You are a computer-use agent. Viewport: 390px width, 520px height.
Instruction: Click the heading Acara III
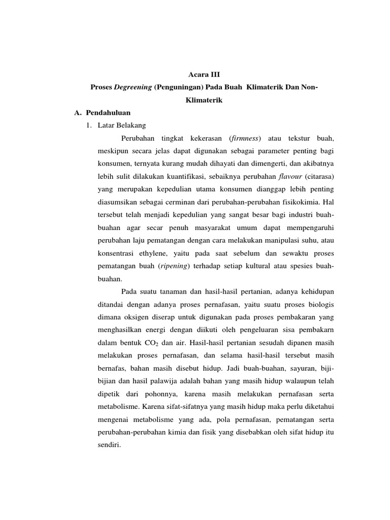coord(195,74)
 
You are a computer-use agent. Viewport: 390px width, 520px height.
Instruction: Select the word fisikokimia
coord(301,202)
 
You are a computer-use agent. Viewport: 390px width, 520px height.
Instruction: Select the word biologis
coord(320,304)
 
